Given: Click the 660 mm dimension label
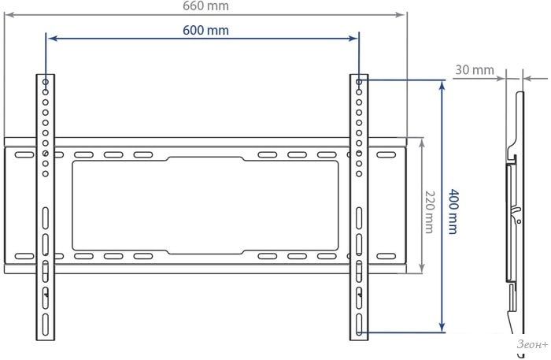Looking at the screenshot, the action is point(205,6).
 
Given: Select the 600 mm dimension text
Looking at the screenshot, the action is point(205,30).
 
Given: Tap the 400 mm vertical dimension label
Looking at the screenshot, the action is point(453,212).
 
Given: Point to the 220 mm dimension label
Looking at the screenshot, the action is point(429,212).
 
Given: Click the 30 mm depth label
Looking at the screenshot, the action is point(475,70).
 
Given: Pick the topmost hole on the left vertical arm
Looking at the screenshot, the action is point(46,82).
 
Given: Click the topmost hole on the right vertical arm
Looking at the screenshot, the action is point(359,82).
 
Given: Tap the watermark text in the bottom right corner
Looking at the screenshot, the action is point(531,344).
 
